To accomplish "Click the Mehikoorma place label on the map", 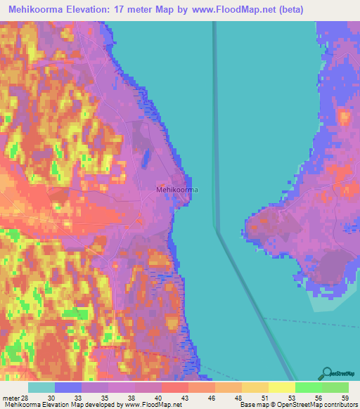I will click(x=176, y=190).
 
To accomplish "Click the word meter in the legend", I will click(x=11, y=397).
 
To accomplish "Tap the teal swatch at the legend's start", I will click(x=41, y=387).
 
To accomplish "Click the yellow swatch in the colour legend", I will click(x=281, y=387).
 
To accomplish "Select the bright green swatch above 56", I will click(x=308, y=387).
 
